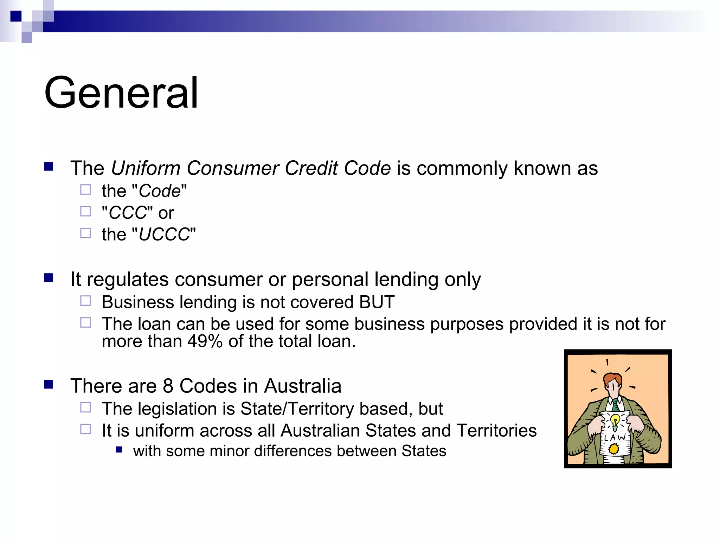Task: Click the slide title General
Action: (121, 93)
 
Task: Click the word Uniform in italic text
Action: (146, 168)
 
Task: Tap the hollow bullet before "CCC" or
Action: (85, 211)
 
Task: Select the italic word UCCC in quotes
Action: (164, 234)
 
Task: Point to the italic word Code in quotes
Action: (160, 191)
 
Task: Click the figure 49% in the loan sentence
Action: (205, 341)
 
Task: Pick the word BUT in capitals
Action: (377, 302)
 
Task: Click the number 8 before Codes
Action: (168, 386)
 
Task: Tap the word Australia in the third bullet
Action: (303, 386)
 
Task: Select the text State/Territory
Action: (297, 409)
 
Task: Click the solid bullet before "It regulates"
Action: (49, 278)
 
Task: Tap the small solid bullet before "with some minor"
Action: (119, 450)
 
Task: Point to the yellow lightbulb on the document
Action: (615, 420)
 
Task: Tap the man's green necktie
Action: (616, 405)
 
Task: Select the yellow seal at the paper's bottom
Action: (614, 449)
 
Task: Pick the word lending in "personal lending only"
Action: (406, 280)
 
